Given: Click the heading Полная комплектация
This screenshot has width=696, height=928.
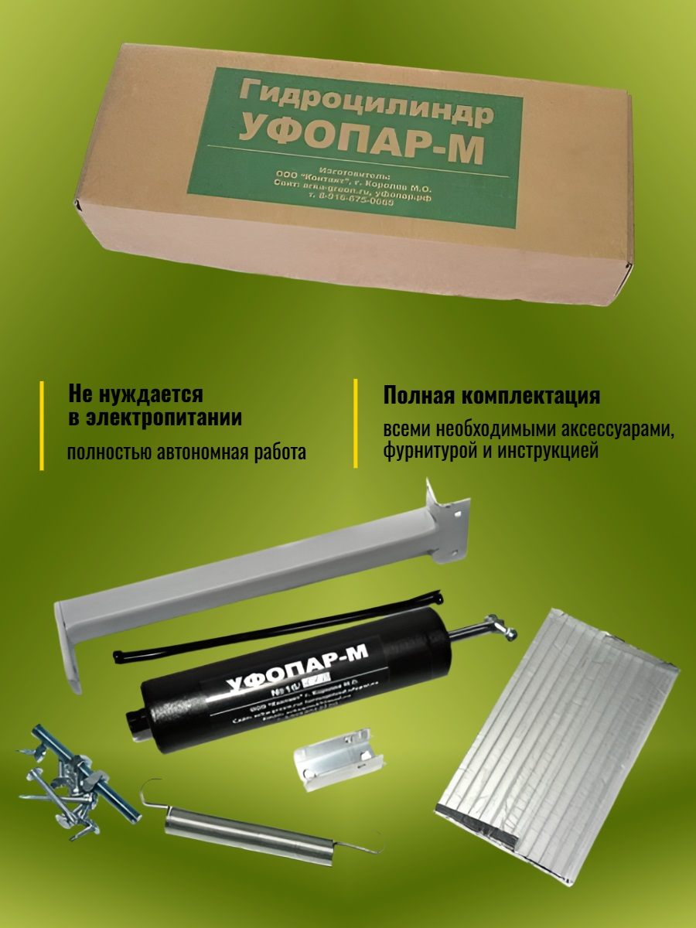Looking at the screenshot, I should (492, 396).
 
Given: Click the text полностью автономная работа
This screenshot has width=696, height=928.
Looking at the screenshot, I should (186, 452).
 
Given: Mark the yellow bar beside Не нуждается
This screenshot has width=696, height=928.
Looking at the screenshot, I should (42, 425).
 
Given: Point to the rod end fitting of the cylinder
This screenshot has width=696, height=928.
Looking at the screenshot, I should (495, 626).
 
